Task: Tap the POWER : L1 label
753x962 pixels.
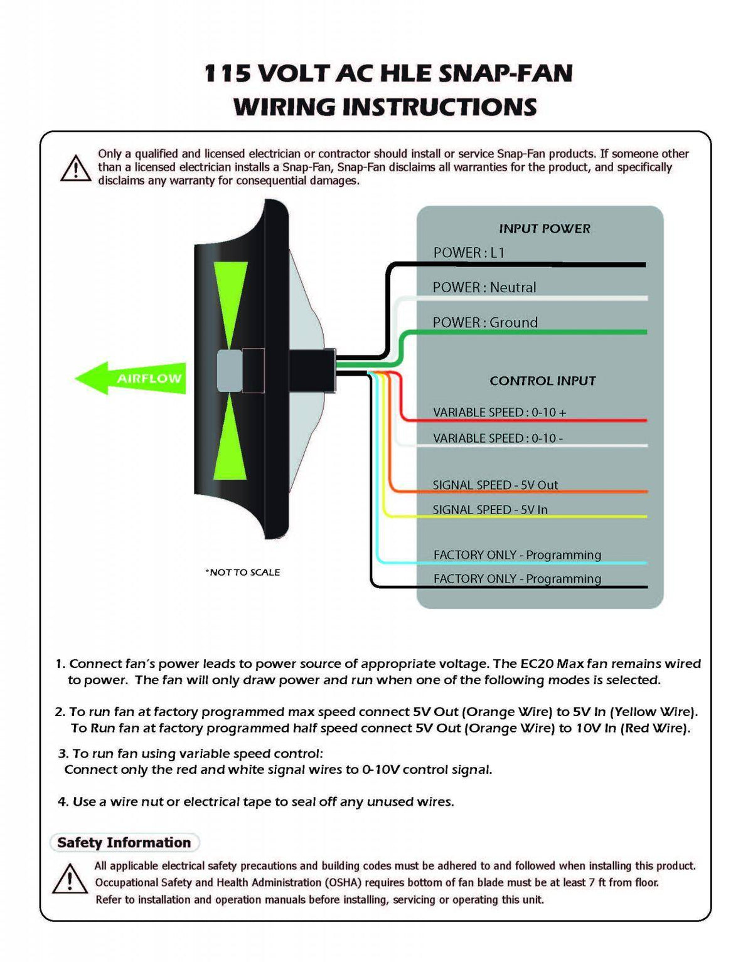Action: (x=469, y=253)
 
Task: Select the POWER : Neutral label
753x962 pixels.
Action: (x=484, y=287)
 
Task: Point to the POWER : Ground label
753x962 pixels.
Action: (x=484, y=322)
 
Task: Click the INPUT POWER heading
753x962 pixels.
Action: (x=544, y=229)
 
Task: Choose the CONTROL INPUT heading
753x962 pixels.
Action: (x=542, y=381)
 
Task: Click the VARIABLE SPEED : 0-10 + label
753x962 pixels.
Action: (x=499, y=412)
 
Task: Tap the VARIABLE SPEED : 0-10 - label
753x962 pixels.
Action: (x=498, y=438)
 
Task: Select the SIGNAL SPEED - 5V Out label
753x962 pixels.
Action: (x=495, y=485)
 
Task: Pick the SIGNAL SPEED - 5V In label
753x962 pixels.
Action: (x=489, y=509)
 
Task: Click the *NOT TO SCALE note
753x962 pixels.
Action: (x=242, y=572)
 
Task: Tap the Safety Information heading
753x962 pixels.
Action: (x=124, y=842)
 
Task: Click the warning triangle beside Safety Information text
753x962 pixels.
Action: (x=69, y=879)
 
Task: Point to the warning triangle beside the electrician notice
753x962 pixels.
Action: (x=75, y=168)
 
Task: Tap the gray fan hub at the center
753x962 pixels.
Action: (x=230, y=371)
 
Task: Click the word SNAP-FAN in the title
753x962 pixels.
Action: (x=505, y=73)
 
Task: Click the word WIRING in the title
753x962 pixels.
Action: (x=285, y=107)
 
